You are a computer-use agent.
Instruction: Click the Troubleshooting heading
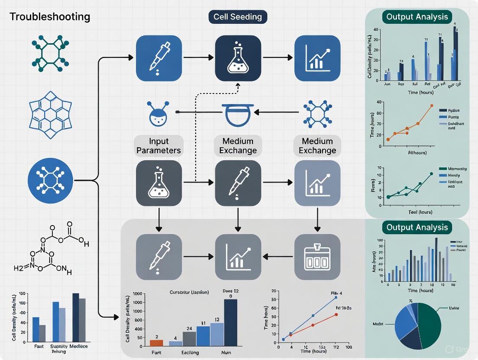[x=50, y=17]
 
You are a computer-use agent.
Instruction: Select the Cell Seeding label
[x=238, y=17]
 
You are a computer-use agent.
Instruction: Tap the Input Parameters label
[x=159, y=145]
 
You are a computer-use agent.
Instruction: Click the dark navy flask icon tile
[x=238, y=58]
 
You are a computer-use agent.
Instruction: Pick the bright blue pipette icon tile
[x=158, y=58]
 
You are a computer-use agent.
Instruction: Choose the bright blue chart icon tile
[x=317, y=58]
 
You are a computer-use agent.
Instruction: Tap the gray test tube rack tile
[x=317, y=257]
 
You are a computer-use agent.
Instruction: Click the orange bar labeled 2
[x=156, y=343]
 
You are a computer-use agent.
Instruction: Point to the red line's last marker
[x=336, y=315]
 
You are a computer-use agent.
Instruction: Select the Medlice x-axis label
[x=78, y=346]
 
